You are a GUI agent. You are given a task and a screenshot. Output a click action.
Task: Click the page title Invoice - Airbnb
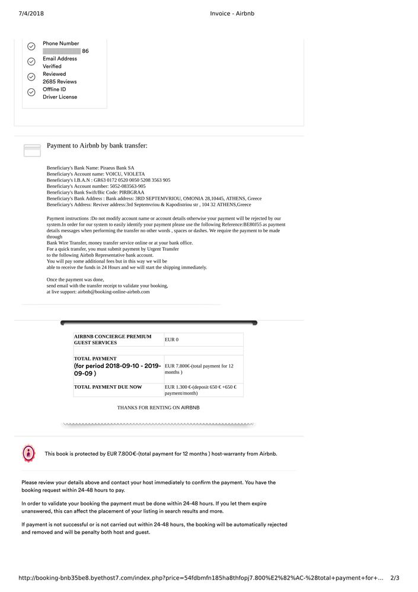(232, 14)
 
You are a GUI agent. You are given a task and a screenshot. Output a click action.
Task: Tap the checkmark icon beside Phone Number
(31, 46)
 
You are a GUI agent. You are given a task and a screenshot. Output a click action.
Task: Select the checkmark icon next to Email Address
(31, 62)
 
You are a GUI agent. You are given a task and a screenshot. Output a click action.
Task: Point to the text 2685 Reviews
(59, 82)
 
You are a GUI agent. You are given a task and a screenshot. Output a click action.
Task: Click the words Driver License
(60, 97)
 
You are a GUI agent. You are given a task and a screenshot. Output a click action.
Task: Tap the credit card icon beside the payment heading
(32, 150)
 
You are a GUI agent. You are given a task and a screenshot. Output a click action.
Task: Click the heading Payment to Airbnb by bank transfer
(97, 146)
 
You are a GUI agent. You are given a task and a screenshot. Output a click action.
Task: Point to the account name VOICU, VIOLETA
(125, 174)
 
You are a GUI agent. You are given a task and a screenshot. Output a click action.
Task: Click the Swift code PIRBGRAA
(132, 193)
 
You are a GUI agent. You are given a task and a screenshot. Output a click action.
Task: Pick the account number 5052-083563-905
(127, 186)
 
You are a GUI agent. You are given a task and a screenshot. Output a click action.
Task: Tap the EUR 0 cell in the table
(171, 340)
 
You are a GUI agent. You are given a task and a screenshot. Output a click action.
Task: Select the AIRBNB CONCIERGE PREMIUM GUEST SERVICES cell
(113, 340)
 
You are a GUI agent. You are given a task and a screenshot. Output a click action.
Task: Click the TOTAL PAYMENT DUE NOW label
(108, 387)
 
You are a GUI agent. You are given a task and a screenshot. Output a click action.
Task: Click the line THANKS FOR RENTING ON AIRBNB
(158, 408)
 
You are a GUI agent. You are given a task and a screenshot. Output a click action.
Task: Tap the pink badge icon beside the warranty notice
(28, 453)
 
